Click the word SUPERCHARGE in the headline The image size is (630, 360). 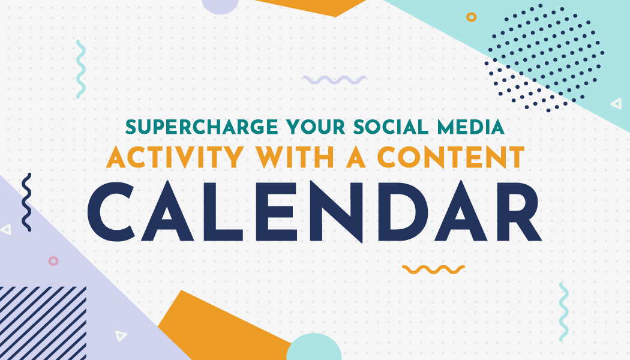(202, 127)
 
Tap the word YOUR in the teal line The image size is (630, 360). (316, 127)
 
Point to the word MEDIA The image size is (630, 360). (470, 127)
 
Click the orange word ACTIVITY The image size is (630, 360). (175, 157)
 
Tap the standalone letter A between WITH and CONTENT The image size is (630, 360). (356, 157)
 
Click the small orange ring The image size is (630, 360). (471, 17)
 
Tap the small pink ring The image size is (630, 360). (53, 261)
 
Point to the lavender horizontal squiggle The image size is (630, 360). (334, 80)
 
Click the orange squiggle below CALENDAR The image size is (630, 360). (434, 269)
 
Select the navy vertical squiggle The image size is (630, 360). (26, 202)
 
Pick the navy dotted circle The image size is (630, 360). (544, 58)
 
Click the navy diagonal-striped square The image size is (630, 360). (43, 323)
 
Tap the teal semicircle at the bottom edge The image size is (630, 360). (314, 347)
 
